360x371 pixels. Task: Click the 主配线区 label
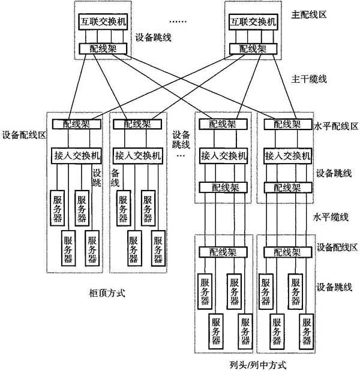308,14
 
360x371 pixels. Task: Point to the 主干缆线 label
308,79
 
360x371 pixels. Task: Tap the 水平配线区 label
335,126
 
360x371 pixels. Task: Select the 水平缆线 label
331,217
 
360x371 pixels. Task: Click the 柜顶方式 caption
107,294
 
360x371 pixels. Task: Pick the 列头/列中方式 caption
258,365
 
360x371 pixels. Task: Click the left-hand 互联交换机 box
103,22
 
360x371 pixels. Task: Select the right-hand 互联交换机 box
253,22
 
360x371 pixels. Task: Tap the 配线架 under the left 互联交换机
103,49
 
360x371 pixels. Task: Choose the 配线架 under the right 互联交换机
253,49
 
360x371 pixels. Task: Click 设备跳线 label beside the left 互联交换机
153,37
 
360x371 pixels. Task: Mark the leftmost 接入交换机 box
77,156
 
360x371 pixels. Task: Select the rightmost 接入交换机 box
288,156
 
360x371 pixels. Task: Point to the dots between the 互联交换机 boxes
178,22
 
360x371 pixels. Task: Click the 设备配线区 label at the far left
24,135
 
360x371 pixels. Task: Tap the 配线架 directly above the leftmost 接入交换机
77,124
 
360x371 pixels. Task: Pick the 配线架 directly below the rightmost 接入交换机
288,188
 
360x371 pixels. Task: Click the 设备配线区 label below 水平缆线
337,248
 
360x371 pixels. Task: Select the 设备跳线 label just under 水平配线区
334,173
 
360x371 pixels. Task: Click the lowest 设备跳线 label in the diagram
334,287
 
